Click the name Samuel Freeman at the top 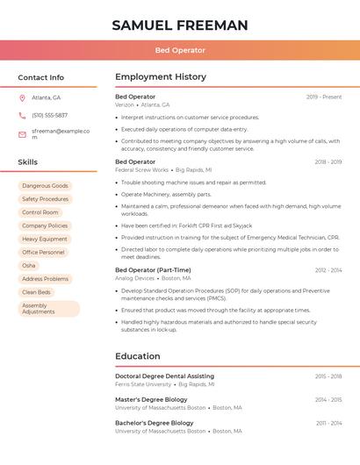click(180, 25)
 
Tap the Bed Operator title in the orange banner click(180, 51)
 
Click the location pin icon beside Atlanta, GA click(22, 97)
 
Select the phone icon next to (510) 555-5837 click(22, 115)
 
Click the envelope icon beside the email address click(22, 134)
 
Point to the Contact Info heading click(40, 77)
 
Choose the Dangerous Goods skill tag click(45, 186)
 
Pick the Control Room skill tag click(40, 212)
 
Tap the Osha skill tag click(29, 265)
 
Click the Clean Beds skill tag click(37, 292)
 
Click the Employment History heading click(161, 77)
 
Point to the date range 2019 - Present click(324, 97)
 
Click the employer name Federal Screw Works click(141, 169)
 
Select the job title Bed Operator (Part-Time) click(153, 270)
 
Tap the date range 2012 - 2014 click(328, 270)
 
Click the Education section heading click(138, 356)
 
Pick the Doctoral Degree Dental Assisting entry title click(164, 376)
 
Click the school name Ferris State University click(143, 384)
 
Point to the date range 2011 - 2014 click(328, 423)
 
